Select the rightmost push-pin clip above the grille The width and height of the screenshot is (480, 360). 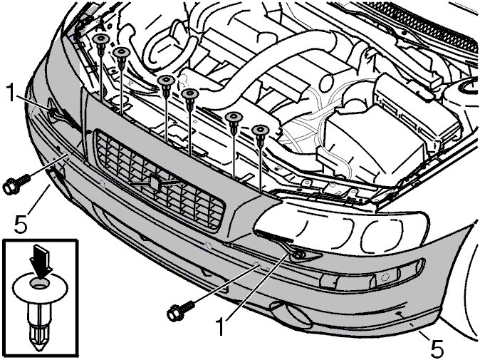click(260, 135)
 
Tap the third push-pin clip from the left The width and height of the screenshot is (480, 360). click(166, 85)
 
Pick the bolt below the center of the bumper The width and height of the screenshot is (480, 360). click(181, 310)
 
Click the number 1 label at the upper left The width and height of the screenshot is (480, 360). click(11, 93)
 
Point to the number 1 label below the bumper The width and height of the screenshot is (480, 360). click(221, 326)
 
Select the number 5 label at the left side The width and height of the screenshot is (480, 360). click(21, 224)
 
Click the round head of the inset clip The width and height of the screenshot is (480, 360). click(41, 288)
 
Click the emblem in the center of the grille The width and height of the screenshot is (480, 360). click(155, 182)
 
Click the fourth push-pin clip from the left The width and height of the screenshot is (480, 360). click(190, 99)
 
